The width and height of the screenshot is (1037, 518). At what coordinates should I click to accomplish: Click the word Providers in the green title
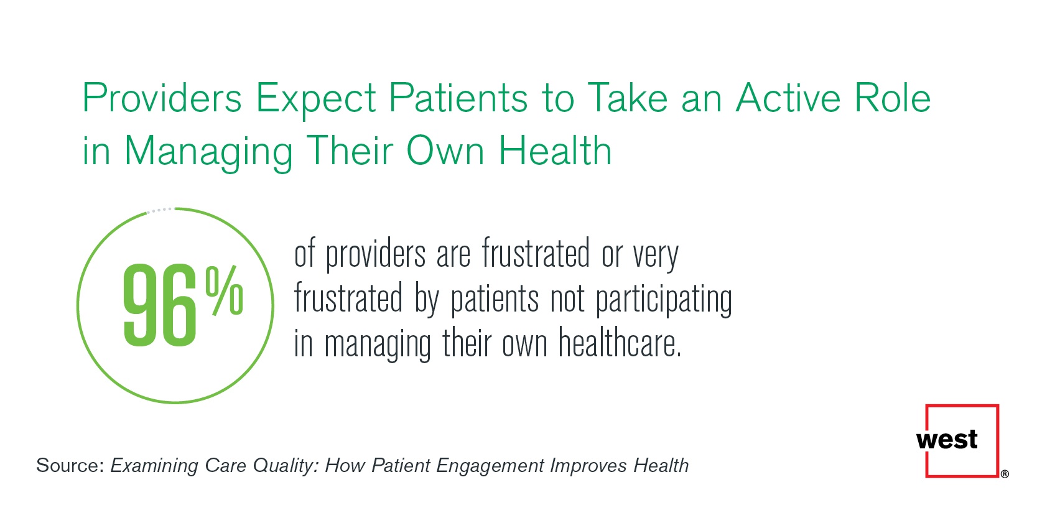pos(162,98)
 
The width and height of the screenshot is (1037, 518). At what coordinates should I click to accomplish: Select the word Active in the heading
pos(788,98)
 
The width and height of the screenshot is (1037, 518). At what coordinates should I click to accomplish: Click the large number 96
pos(160,305)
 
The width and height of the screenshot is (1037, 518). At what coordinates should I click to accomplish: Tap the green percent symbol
pos(224,290)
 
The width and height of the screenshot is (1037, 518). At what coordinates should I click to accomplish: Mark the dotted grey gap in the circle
pos(160,210)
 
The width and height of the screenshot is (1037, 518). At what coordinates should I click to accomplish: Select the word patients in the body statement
pos(495,300)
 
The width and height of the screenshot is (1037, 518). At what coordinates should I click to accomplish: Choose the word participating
pos(664,300)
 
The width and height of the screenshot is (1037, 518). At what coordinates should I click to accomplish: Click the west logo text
pos(947,440)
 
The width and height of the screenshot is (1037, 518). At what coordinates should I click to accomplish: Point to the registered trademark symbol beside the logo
pos(1005,474)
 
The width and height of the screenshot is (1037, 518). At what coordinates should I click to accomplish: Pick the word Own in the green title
pos(445,151)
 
